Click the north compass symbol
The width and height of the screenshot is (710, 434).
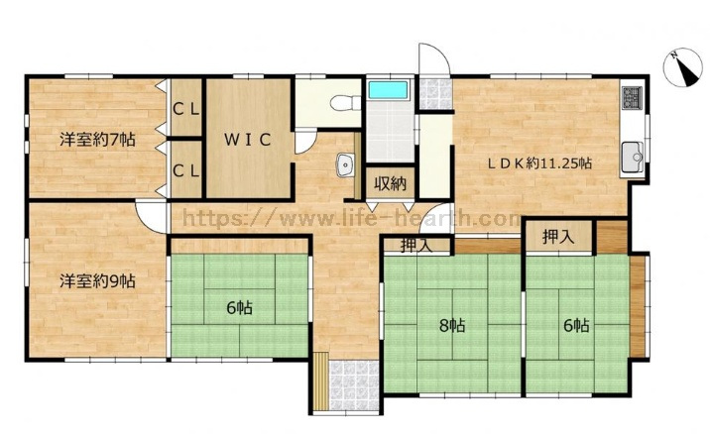(682, 67)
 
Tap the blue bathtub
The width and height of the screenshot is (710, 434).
(389, 90)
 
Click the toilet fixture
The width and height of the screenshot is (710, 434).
(345, 103)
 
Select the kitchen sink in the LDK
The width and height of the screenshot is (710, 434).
(633, 157)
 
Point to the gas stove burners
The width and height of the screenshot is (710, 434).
(633, 97)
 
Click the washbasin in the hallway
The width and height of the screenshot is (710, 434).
(346, 165)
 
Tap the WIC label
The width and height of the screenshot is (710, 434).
(248, 140)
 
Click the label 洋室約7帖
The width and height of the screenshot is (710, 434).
(97, 140)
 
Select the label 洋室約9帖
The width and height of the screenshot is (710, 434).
(97, 281)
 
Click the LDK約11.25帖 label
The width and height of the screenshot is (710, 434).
(539, 163)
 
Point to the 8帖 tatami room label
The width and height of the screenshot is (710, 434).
(452, 325)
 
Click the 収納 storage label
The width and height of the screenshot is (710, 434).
(390, 184)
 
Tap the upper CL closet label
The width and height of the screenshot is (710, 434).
(186, 110)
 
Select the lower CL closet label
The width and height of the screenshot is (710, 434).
(186, 171)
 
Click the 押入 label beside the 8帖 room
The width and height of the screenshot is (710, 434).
(416, 246)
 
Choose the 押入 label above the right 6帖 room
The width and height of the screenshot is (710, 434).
(558, 237)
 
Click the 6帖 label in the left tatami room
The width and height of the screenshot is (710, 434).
(240, 308)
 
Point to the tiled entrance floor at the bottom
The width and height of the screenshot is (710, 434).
(354, 385)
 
